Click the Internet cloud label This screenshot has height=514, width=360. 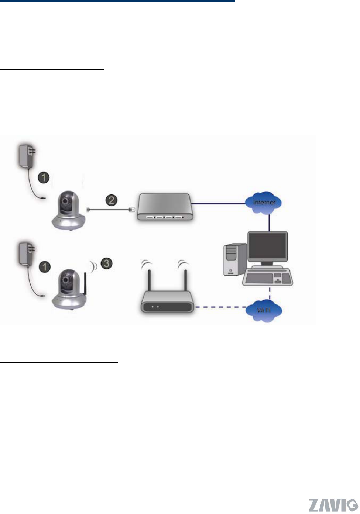click(x=264, y=202)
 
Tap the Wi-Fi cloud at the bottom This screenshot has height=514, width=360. click(x=264, y=310)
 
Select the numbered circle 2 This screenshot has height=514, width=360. click(x=111, y=200)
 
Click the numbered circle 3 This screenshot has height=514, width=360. click(x=106, y=263)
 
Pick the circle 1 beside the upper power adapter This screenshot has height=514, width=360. click(x=44, y=177)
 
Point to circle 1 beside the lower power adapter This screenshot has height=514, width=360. click(x=45, y=266)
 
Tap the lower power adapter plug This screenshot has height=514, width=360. click(x=27, y=253)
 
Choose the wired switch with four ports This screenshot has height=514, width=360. click(x=165, y=208)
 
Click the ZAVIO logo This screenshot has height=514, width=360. click(x=333, y=505)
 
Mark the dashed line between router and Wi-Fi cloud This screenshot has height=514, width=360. click(x=219, y=307)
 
